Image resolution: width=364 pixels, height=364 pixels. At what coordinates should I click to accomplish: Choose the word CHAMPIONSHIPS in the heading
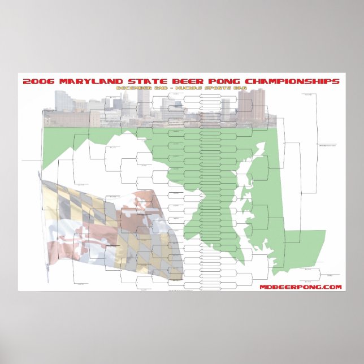coord(293,81)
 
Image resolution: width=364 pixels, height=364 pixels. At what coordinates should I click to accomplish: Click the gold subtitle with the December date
coord(183,89)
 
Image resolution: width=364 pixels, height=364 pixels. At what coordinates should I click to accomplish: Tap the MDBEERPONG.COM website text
coord(301,287)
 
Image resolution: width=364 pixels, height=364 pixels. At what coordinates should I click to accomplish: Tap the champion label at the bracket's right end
coord(328,145)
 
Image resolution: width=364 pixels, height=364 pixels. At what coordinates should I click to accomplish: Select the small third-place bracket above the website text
coord(317,271)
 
